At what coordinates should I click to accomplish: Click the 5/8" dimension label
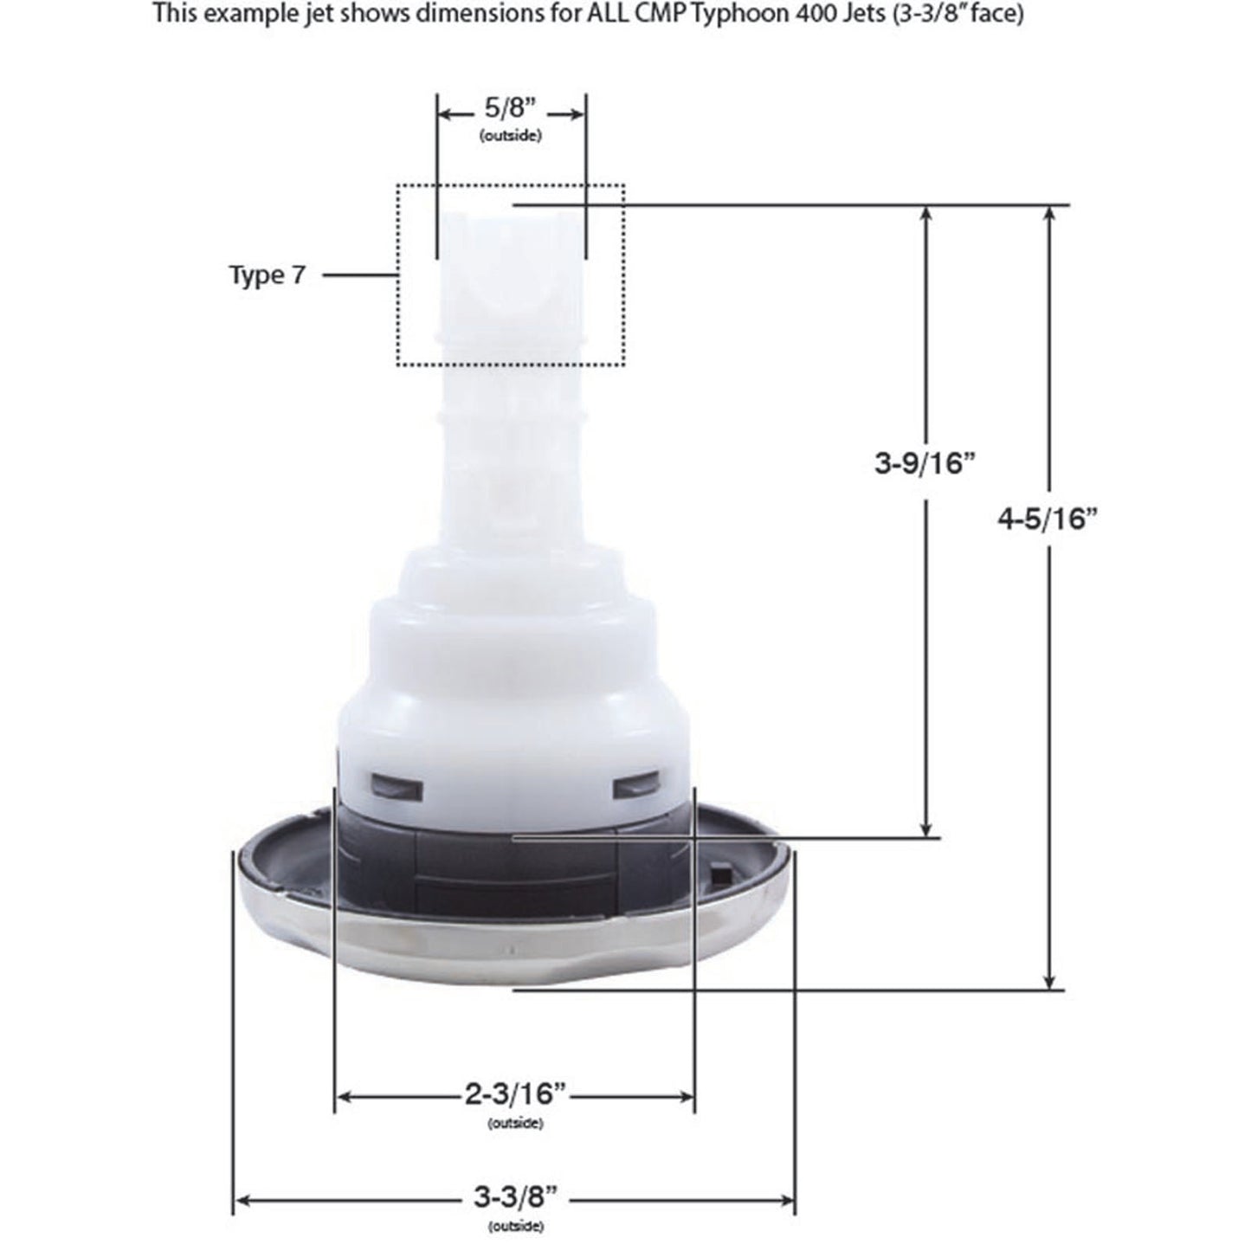pos(511,110)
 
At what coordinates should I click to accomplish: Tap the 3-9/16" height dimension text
pos(925,463)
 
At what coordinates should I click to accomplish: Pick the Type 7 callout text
pos(267,275)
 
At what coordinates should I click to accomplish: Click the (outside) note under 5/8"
pos(511,136)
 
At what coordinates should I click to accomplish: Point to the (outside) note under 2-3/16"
pos(515,1123)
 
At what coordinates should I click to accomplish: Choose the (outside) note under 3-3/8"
pos(515,1226)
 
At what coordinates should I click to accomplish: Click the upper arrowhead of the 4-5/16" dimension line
pos(1050,215)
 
